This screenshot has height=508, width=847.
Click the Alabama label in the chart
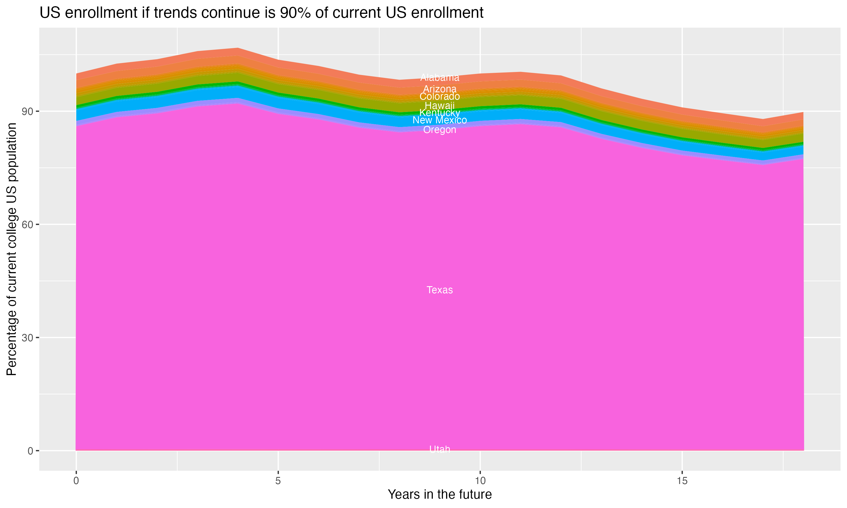click(x=440, y=78)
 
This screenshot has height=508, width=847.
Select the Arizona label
click(x=440, y=89)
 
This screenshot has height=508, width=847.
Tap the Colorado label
click(x=440, y=97)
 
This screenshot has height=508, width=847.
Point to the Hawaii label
click(x=440, y=106)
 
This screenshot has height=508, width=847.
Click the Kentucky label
click(x=440, y=113)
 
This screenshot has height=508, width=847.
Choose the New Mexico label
click(x=440, y=120)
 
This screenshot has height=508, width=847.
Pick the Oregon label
click(x=440, y=130)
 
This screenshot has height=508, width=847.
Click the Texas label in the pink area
click(x=440, y=290)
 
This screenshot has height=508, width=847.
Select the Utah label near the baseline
click(x=440, y=449)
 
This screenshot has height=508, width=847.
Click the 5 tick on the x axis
click(x=278, y=481)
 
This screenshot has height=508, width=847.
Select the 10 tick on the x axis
click(x=480, y=481)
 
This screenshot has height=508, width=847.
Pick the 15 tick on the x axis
click(x=682, y=481)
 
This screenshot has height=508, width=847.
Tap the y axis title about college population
click(x=12, y=249)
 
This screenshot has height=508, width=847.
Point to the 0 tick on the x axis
click(x=76, y=481)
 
